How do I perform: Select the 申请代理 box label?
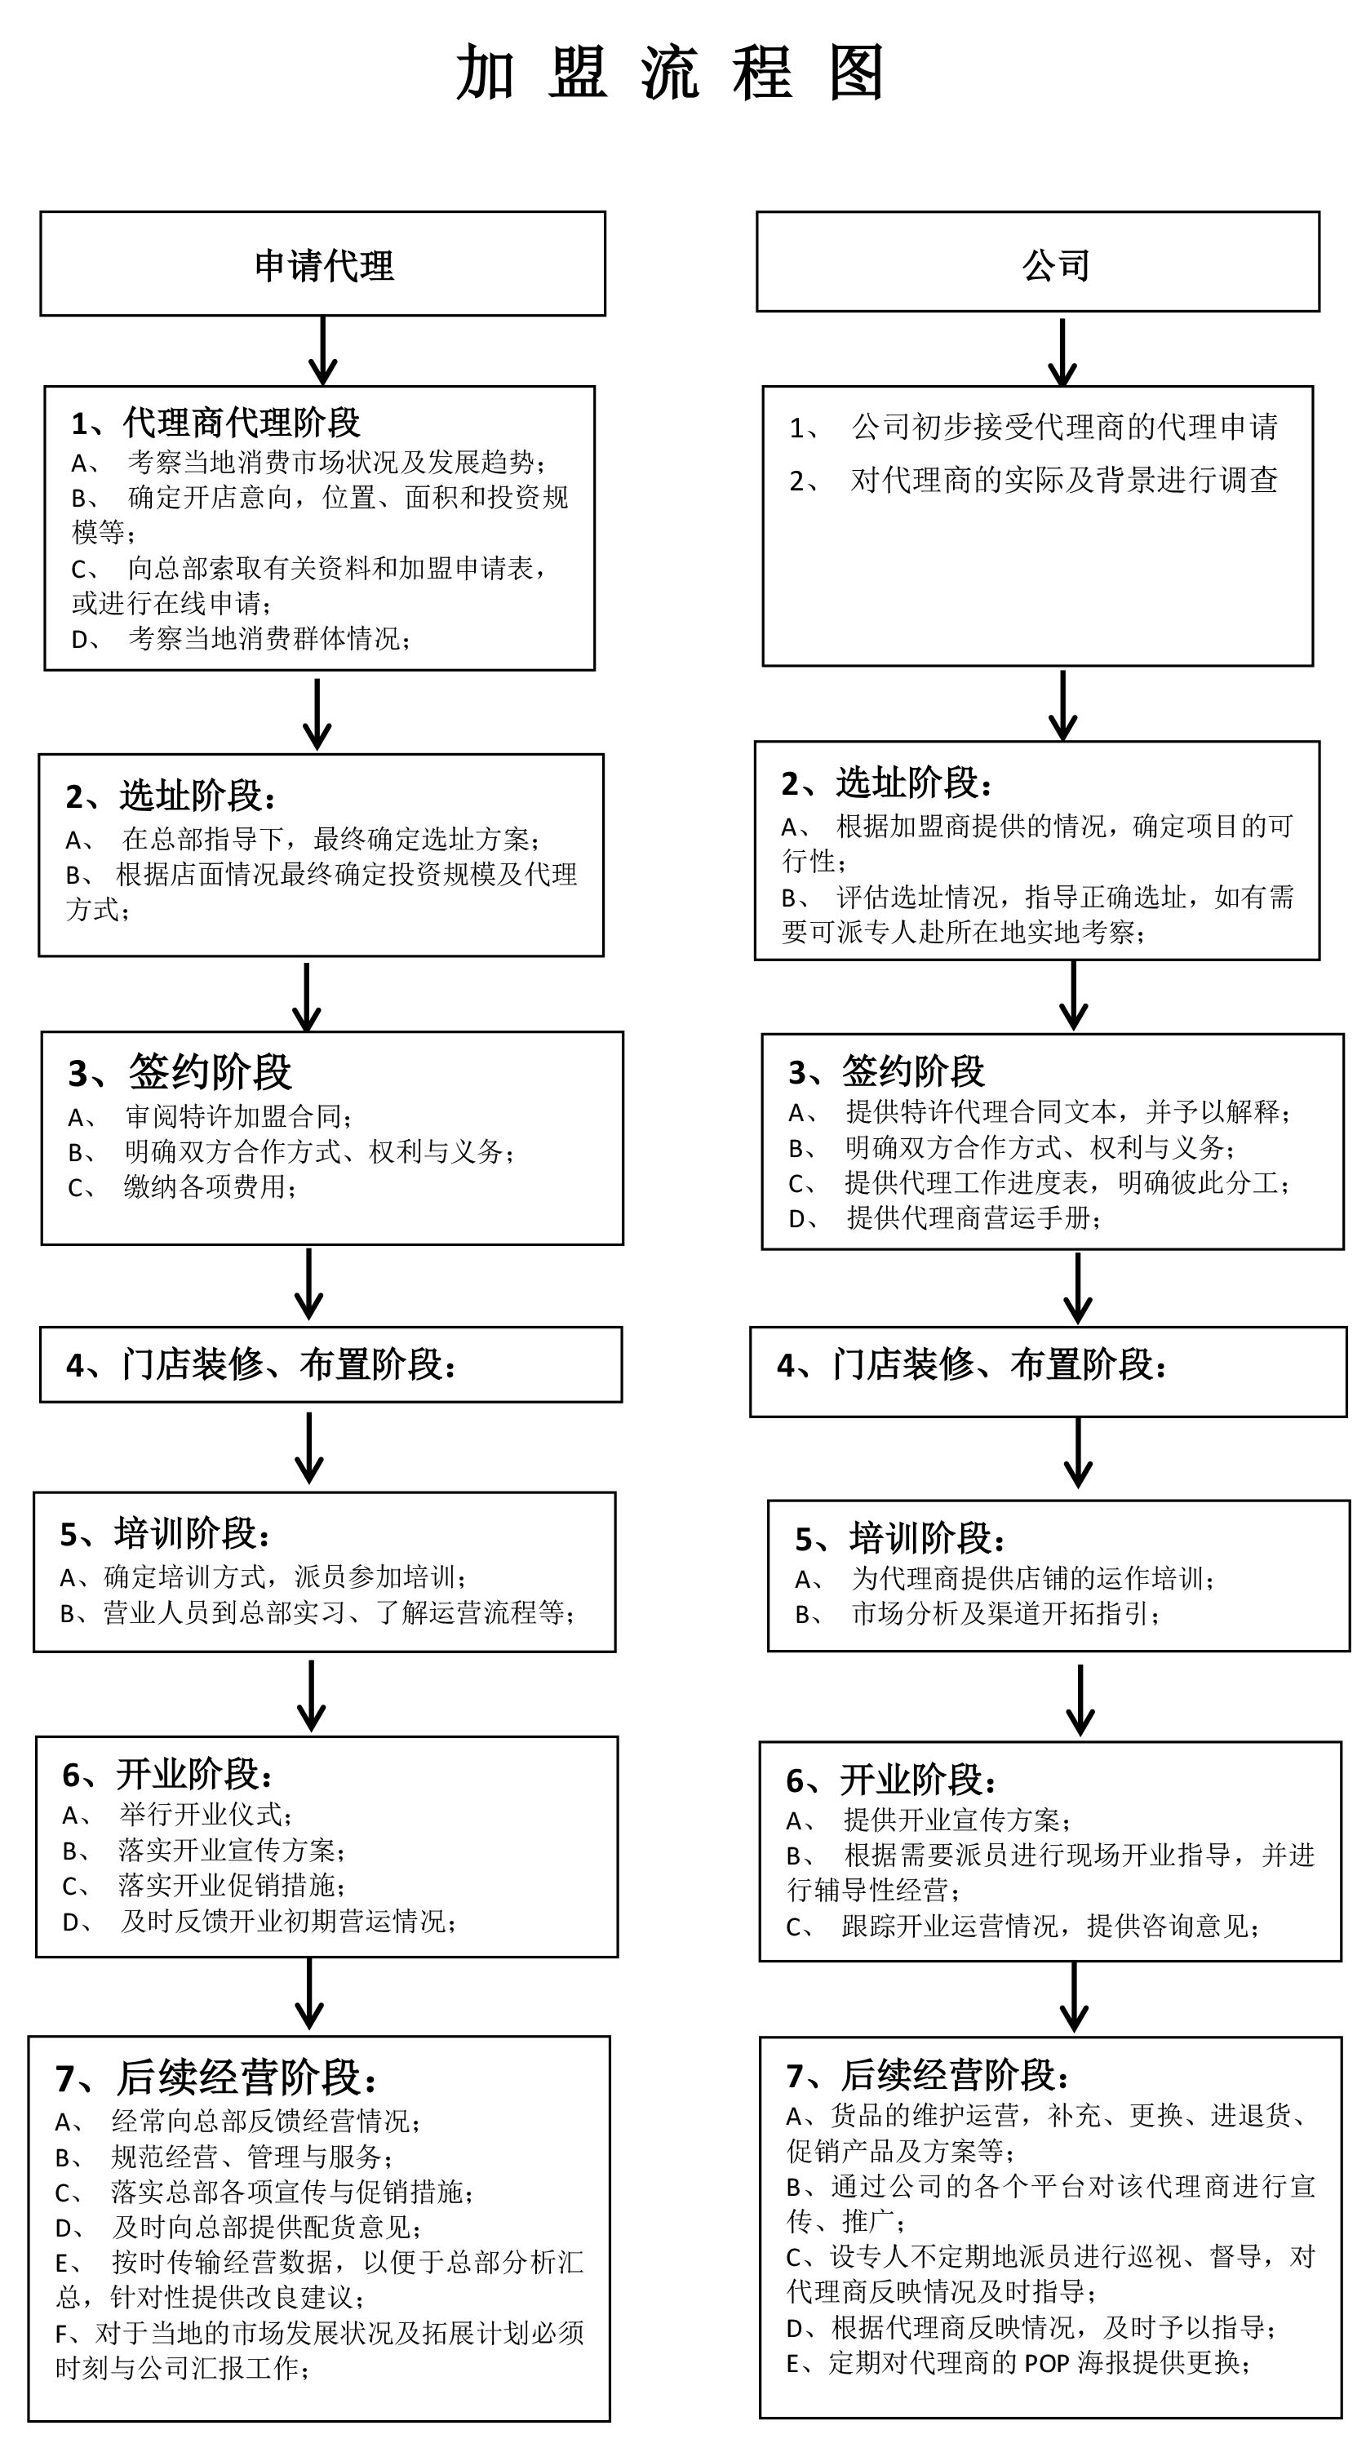click(x=324, y=265)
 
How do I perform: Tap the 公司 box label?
click(x=1056, y=265)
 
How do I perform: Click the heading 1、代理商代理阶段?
click(x=216, y=423)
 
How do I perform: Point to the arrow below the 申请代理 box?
click(x=324, y=350)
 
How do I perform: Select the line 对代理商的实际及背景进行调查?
click(x=1064, y=480)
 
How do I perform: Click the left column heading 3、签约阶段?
click(x=180, y=1072)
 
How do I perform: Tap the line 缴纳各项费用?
click(x=211, y=1186)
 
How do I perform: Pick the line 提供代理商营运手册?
click(x=973, y=1217)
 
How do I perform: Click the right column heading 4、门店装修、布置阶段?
click(x=972, y=1365)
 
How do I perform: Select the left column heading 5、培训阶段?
click(x=166, y=1533)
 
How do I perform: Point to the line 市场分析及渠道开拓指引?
click(x=1006, y=1613)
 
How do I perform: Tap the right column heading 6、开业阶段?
click(x=892, y=1779)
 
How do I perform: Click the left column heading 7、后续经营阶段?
click(x=217, y=2078)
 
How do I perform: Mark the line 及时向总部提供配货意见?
click(x=268, y=2227)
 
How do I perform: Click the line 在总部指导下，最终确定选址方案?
click(x=331, y=839)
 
